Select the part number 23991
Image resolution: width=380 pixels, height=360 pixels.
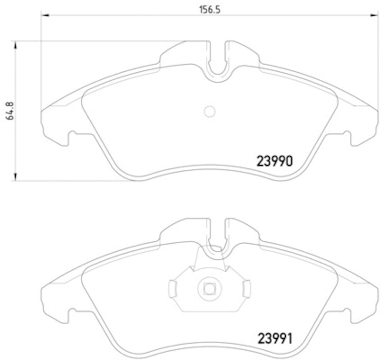coord(274,338)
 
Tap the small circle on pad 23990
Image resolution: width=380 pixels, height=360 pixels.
coord(209,111)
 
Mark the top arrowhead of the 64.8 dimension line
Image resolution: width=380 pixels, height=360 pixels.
coord(16,45)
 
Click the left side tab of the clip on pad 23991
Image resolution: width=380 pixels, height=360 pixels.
coord(173,288)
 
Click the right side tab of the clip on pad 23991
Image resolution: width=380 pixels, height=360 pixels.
coord(246,288)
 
